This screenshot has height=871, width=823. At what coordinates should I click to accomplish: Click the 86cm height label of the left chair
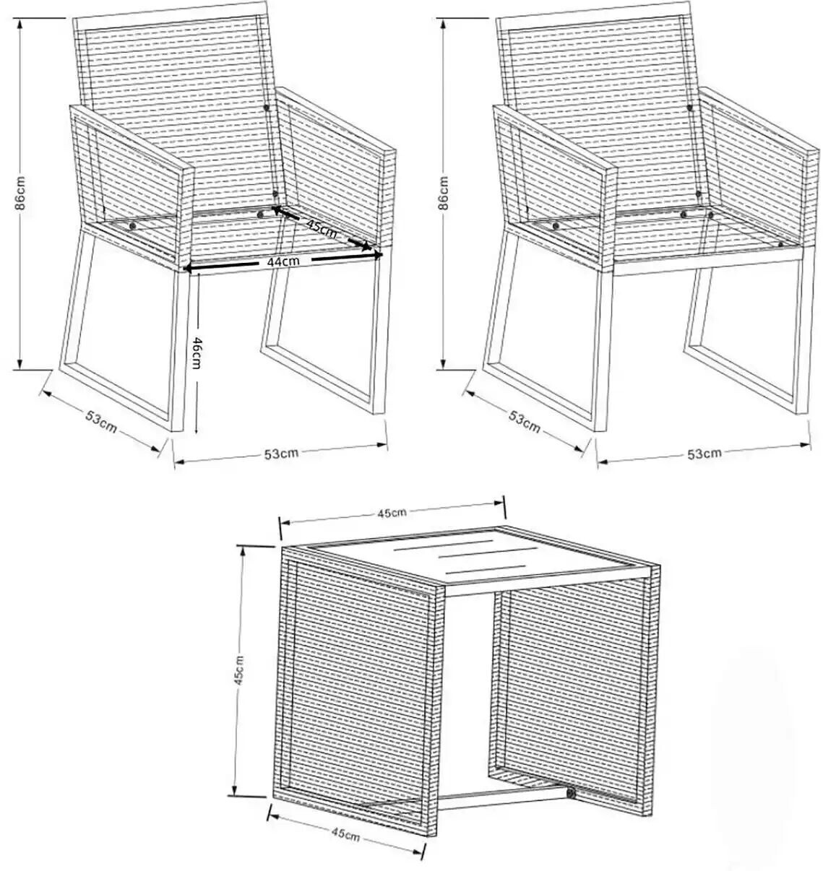click(20, 193)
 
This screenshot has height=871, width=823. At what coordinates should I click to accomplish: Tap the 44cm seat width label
click(283, 261)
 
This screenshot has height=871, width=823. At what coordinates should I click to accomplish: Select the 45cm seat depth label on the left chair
click(322, 228)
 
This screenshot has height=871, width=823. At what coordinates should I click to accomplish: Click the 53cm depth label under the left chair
click(101, 422)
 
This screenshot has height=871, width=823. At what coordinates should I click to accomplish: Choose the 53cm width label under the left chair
click(281, 454)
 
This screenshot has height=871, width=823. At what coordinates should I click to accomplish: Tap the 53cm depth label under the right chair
click(524, 422)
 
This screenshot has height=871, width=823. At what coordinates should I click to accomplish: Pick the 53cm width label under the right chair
click(704, 453)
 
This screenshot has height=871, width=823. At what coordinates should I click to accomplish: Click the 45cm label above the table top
click(392, 512)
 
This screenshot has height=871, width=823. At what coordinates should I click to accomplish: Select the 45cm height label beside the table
click(238, 670)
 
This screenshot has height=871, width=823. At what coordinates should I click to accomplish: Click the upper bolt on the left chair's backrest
click(266, 107)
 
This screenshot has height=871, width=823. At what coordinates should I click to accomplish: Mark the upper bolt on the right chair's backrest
click(689, 107)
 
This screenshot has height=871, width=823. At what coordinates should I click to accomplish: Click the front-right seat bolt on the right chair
click(780, 244)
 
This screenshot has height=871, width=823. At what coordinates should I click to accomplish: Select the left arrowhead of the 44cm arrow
click(188, 268)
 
